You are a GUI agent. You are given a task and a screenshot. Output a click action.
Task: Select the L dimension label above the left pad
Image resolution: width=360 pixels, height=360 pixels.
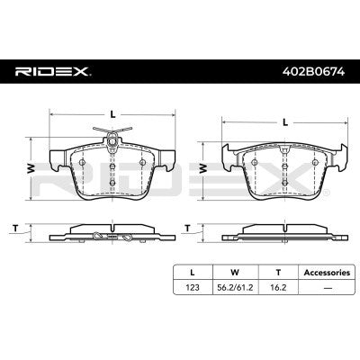tap(110, 112)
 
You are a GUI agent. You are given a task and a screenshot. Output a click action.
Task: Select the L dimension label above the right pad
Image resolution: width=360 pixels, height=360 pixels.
tap(284, 121)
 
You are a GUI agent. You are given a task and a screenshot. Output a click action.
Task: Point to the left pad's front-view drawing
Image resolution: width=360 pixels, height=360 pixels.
tap(110, 175)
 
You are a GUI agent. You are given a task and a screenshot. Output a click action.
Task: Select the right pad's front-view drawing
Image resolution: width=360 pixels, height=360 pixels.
tap(284, 175)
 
